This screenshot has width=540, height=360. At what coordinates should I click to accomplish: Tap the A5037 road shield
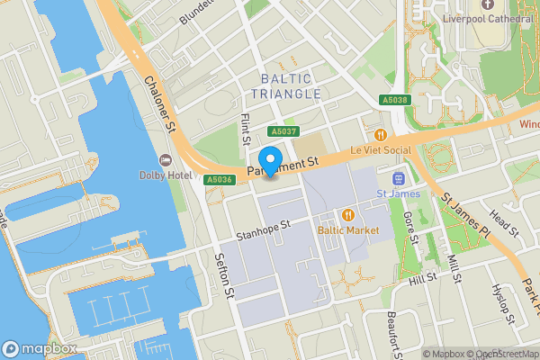tap(283, 131)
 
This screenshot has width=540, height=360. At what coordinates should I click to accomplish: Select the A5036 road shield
tap(220, 180)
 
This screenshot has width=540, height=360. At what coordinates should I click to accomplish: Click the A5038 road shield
tap(392, 100)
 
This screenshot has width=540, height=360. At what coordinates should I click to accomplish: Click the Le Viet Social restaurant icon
tap(367, 132)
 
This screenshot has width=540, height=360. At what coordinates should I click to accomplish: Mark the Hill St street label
tap(422, 282)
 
